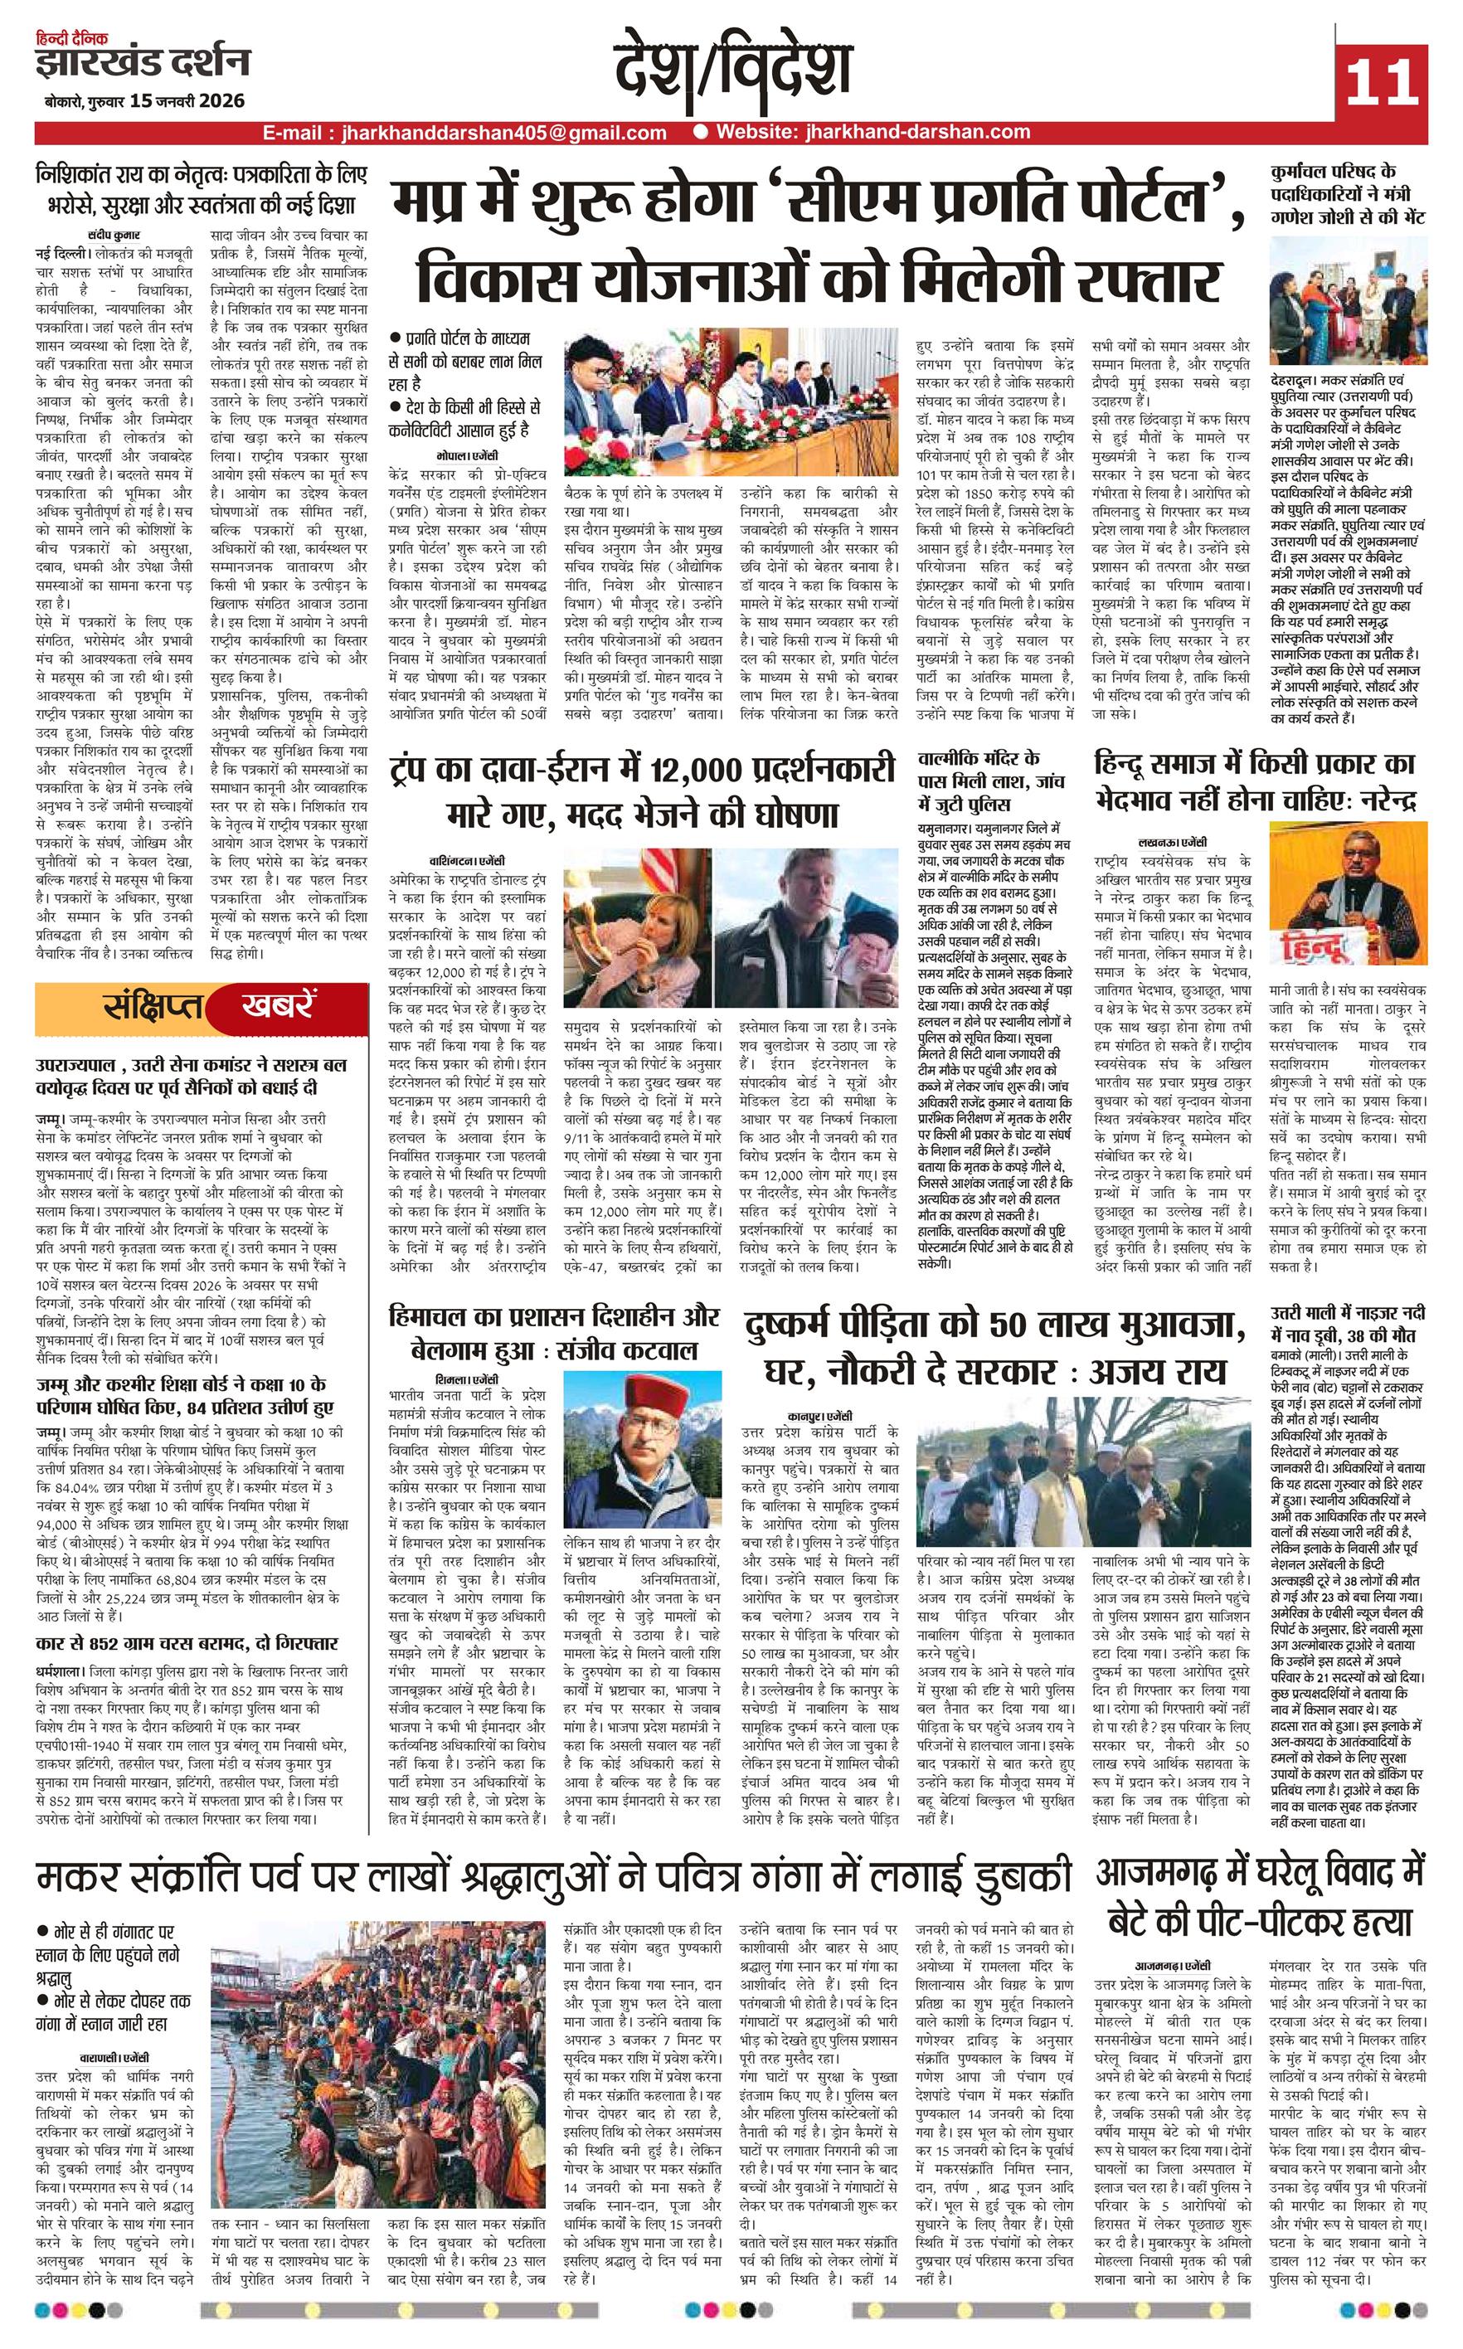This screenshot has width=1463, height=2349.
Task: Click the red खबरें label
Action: (279, 1007)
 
